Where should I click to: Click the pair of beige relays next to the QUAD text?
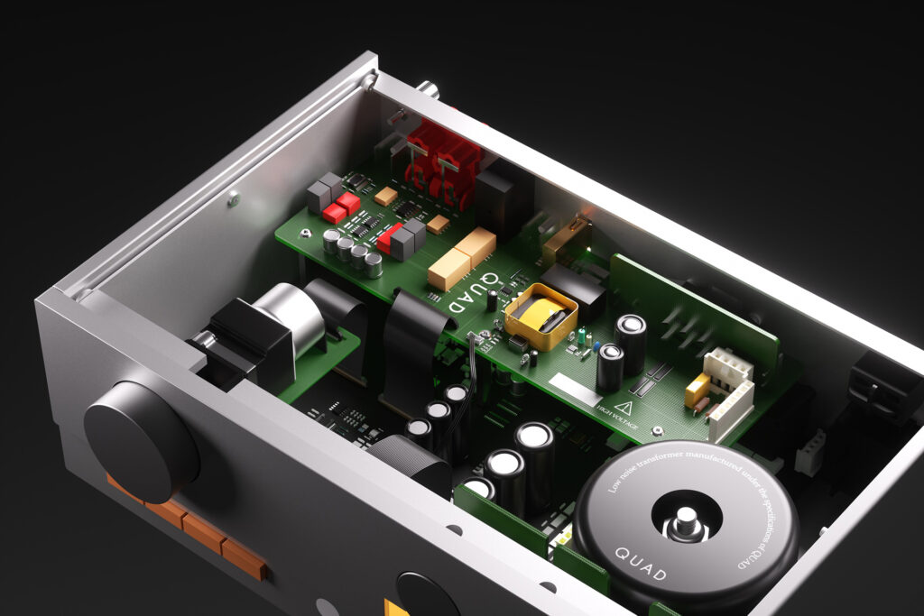(462, 256)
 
